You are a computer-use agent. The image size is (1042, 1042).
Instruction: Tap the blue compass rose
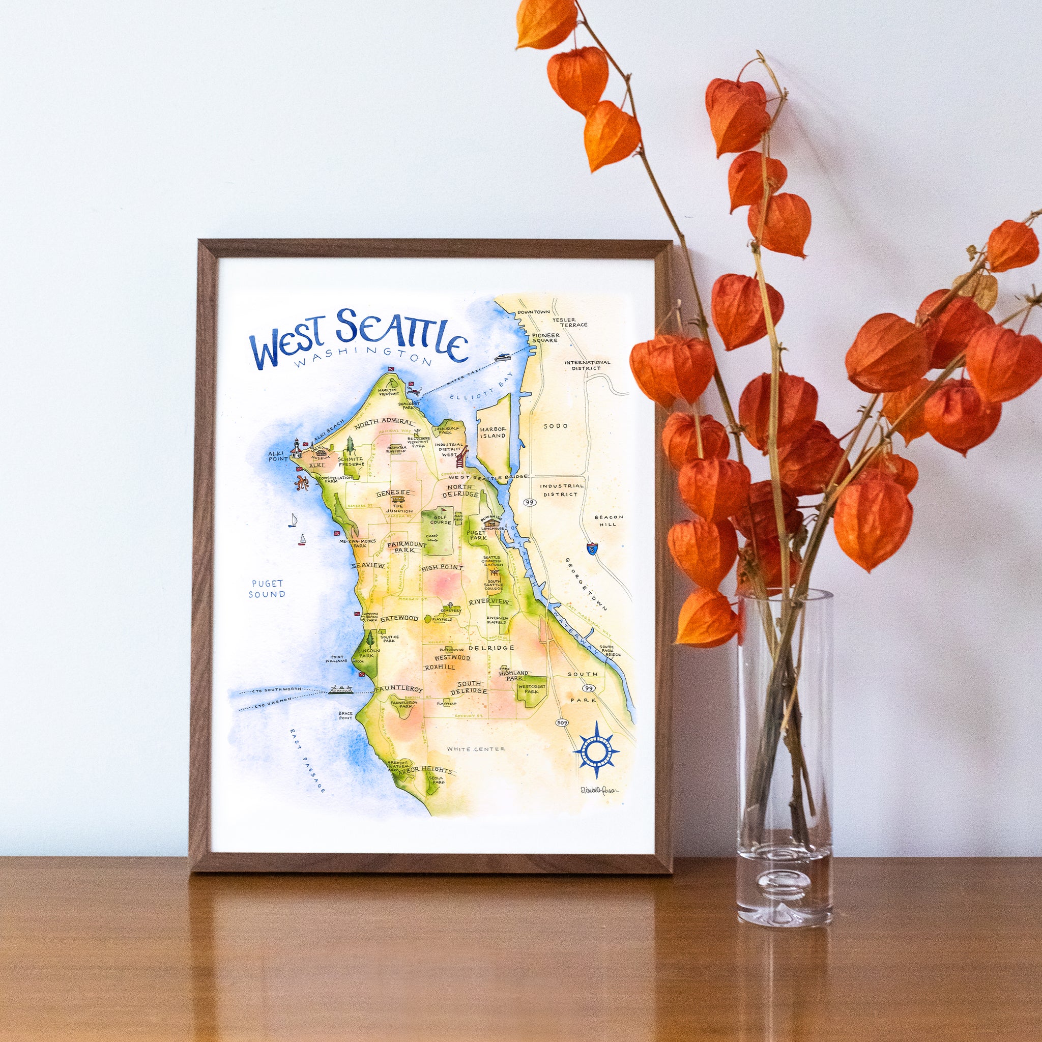pyautogui.click(x=595, y=749)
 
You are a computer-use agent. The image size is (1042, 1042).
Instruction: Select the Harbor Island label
pyautogui.click(x=493, y=432)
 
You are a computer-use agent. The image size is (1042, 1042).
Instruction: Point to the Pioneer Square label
pyautogui.click(x=545, y=338)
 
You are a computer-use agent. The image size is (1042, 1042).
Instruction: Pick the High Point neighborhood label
pyautogui.click(x=442, y=567)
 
